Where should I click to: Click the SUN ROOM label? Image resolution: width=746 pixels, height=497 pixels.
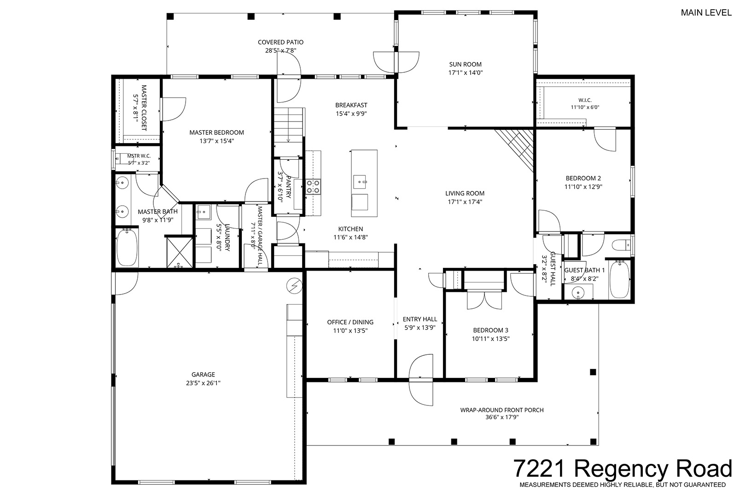[x=465, y=64]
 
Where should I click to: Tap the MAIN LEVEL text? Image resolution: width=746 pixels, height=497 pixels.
[x=706, y=12]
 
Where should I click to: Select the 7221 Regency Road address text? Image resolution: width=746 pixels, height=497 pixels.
[x=623, y=468]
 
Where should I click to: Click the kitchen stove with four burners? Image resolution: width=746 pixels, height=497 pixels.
[x=313, y=186]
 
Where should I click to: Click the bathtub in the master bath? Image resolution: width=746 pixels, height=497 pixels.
[x=127, y=247]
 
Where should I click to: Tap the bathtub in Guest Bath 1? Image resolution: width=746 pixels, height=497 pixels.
[x=619, y=280]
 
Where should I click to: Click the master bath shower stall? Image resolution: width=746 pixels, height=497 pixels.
[x=180, y=252]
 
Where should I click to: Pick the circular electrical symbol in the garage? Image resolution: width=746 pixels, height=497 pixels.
[x=294, y=286]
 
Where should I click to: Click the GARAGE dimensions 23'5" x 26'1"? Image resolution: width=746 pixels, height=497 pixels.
[x=203, y=383]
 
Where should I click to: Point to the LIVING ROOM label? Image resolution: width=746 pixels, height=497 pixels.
[x=465, y=193]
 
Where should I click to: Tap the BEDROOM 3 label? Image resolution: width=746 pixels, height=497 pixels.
[x=490, y=330]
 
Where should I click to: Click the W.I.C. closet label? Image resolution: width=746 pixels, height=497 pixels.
[x=585, y=100]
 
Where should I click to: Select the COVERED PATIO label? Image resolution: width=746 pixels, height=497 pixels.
[x=281, y=42]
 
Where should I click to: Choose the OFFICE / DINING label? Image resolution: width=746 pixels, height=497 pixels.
[x=350, y=322]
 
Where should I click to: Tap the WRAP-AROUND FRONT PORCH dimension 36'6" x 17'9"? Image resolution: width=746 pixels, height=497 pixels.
[x=502, y=417]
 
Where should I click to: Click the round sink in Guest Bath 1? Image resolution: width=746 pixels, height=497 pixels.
[x=578, y=293]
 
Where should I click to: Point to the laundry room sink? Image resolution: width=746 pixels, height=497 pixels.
[x=203, y=211]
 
